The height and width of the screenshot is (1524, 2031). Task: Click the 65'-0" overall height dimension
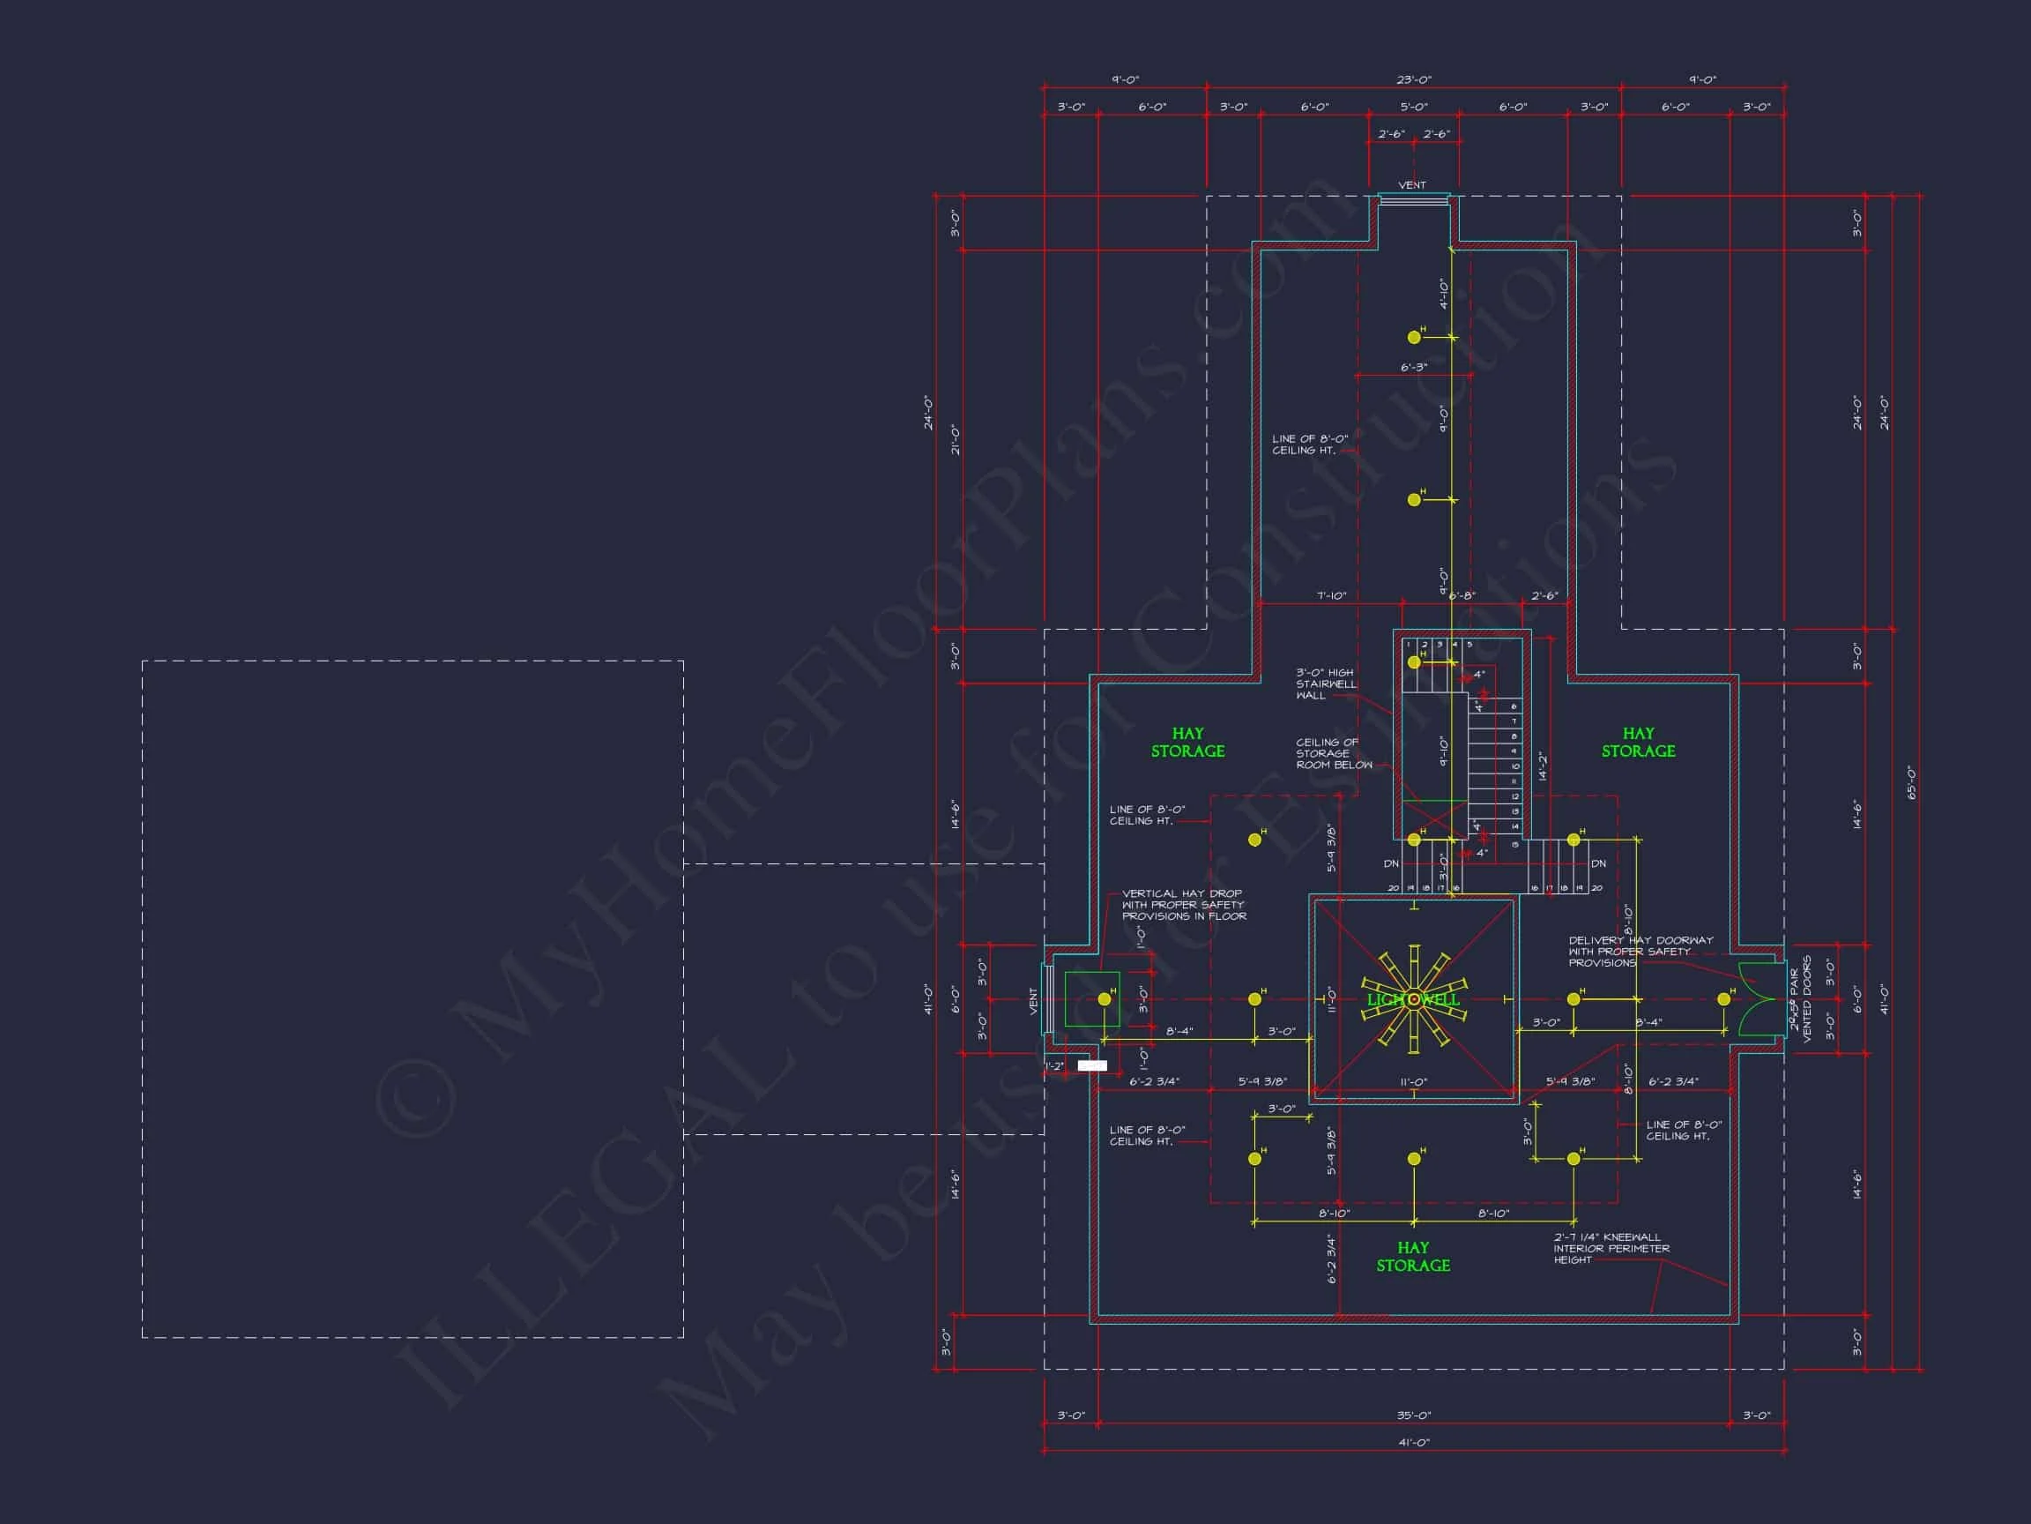[1912, 782]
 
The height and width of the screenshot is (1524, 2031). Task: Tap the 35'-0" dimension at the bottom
[1413, 1416]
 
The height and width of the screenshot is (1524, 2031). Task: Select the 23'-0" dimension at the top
[1413, 80]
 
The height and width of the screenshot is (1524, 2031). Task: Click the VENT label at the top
[1412, 184]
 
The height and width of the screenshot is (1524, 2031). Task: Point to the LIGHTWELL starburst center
[1414, 999]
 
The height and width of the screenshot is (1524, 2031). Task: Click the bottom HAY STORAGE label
[1413, 1256]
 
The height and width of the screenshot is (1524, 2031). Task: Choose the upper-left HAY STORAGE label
[1187, 743]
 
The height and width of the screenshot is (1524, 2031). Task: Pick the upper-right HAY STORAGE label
[1638, 743]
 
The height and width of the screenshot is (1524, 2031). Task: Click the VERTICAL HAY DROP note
[1184, 904]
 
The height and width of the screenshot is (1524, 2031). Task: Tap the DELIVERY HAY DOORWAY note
[1640, 951]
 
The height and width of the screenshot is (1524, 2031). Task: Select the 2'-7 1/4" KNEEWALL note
[1611, 1249]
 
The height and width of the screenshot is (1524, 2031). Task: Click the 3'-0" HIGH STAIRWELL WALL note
[1326, 684]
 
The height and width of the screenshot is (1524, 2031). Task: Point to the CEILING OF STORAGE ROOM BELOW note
[1333, 753]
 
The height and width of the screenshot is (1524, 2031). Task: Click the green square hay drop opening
[1091, 998]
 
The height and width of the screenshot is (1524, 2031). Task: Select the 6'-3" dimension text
[1414, 368]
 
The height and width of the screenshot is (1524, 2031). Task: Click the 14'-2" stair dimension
[1543, 766]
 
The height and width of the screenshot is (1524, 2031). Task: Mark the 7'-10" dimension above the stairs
[1331, 596]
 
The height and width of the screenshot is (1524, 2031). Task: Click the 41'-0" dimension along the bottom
[1413, 1442]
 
